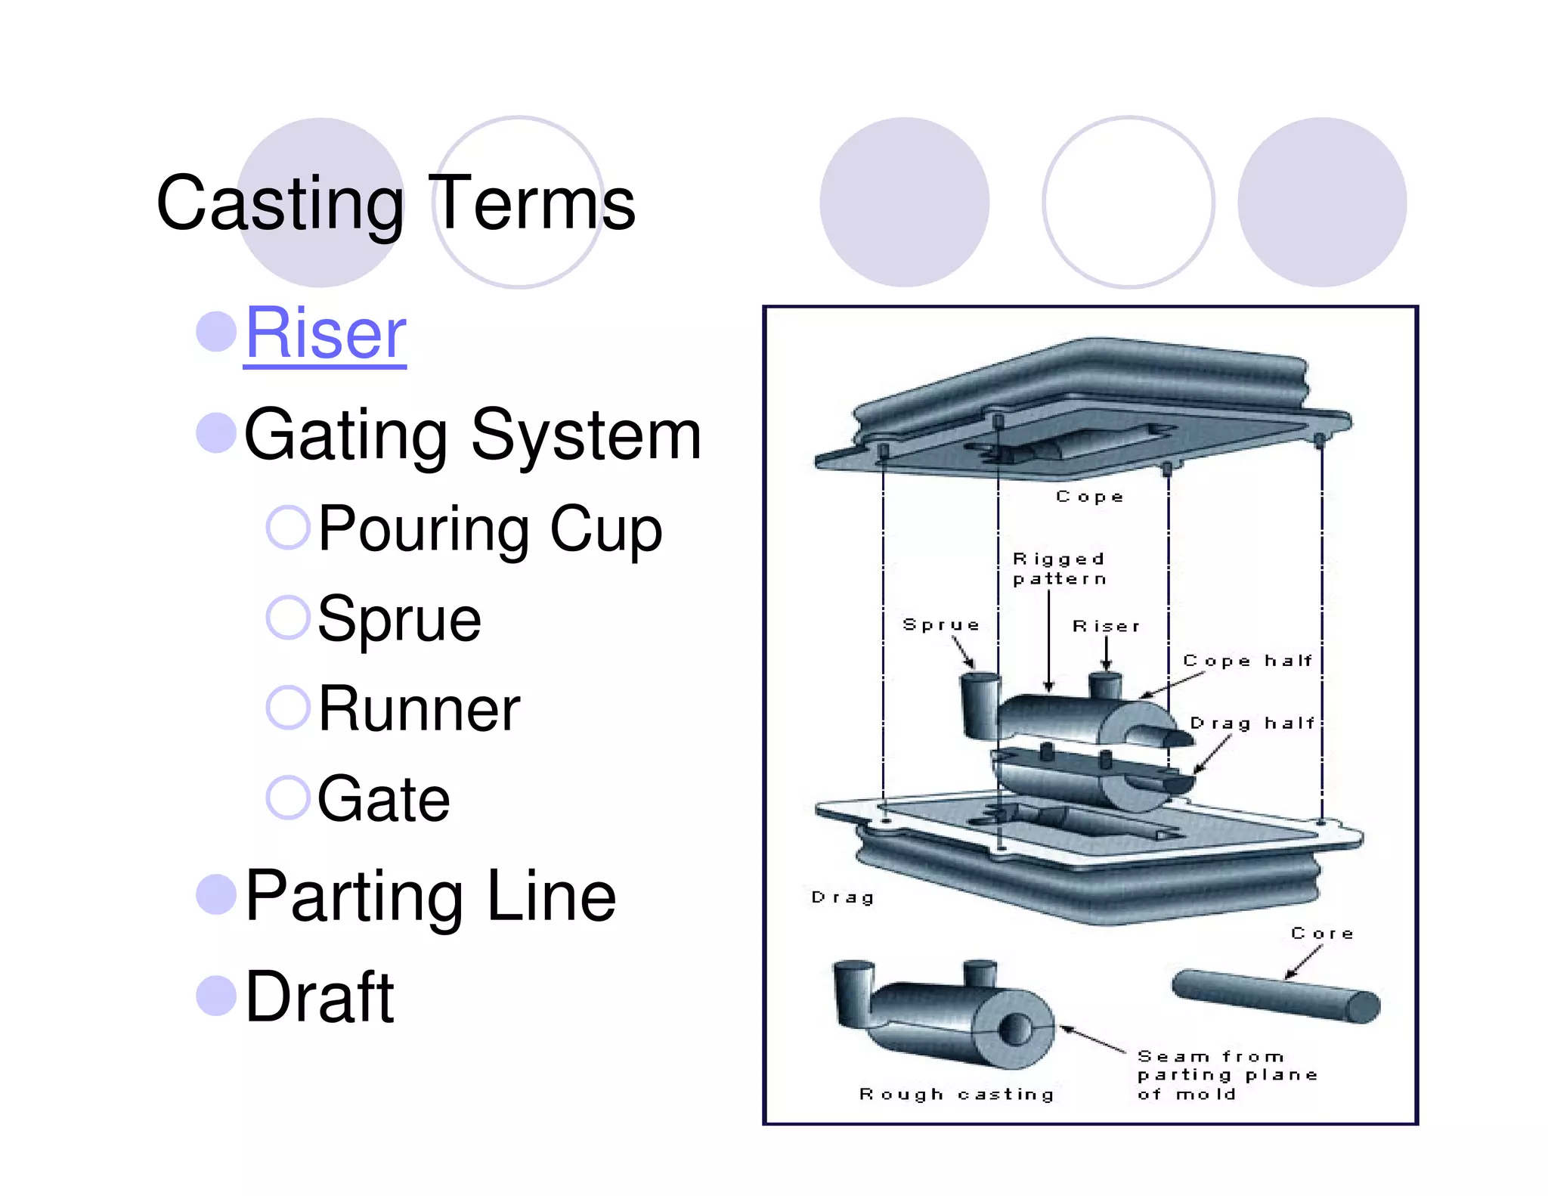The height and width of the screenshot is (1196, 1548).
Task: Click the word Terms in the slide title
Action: [535, 203]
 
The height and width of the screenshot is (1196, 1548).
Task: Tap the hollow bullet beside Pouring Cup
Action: [288, 527]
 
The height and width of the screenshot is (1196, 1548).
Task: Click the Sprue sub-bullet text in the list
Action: [399, 619]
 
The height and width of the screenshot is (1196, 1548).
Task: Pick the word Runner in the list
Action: [420, 709]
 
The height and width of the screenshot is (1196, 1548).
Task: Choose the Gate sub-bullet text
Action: [384, 799]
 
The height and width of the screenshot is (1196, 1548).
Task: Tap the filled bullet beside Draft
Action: [216, 996]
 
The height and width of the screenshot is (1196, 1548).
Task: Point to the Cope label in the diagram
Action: [1089, 497]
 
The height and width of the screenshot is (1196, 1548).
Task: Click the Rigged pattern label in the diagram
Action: [1059, 569]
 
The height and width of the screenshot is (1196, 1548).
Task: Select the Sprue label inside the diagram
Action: [940, 624]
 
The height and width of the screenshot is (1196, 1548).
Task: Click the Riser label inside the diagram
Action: [1106, 626]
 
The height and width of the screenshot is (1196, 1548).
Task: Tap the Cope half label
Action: [1247, 661]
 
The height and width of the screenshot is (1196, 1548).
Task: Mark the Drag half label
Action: [1252, 723]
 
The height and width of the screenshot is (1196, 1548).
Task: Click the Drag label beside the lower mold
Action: [842, 897]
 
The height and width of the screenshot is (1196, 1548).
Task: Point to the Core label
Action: [1322, 934]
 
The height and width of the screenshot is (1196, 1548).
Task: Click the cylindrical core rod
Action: [1275, 996]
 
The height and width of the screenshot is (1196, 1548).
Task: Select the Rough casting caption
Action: [956, 1094]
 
